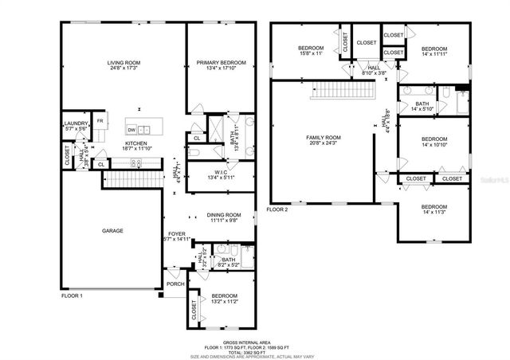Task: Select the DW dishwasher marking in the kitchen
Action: tap(131, 129)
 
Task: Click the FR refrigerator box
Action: tap(100, 121)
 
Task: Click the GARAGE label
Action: tap(112, 229)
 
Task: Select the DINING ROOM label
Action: tap(223, 214)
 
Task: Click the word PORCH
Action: tap(175, 284)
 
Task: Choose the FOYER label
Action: tap(176, 233)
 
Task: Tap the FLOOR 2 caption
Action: tap(277, 209)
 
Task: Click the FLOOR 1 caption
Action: tap(72, 295)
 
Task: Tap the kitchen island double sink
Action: tap(144, 129)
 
